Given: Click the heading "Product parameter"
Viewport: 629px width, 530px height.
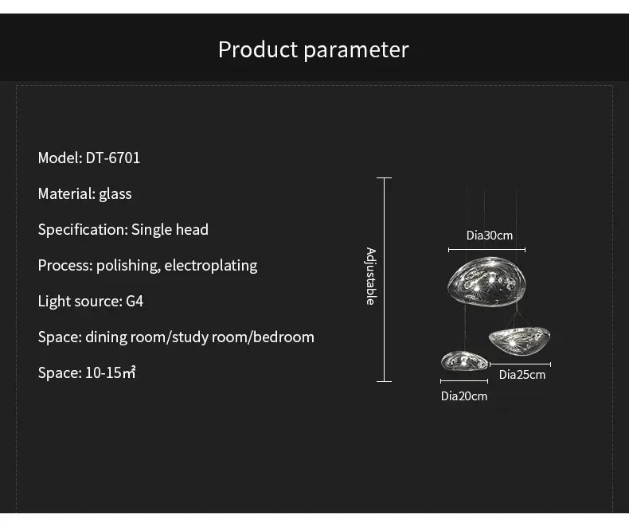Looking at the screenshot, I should pyautogui.click(x=313, y=49).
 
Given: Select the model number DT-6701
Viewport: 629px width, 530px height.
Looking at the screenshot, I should pyautogui.click(x=113, y=158).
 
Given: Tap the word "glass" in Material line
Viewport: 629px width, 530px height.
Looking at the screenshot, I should pyautogui.click(x=115, y=193).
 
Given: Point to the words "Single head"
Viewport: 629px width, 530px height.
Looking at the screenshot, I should pyautogui.click(x=170, y=229).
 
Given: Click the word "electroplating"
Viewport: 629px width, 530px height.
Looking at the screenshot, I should pyautogui.click(x=210, y=265).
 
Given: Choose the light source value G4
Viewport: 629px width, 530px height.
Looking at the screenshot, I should pyautogui.click(x=135, y=301).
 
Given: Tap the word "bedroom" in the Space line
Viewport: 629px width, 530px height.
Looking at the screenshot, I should pyautogui.click(x=283, y=337).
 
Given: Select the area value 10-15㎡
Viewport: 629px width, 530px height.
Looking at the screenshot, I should pyautogui.click(x=111, y=372).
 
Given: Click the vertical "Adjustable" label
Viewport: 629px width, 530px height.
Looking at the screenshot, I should pyautogui.click(x=370, y=276).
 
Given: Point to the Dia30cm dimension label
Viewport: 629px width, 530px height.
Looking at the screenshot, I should pyautogui.click(x=490, y=236).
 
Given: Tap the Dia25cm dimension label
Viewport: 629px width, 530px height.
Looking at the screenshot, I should pyautogui.click(x=522, y=374).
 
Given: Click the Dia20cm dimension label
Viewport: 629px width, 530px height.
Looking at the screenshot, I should pyautogui.click(x=464, y=396).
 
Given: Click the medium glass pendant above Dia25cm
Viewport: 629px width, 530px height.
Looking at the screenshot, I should pyautogui.click(x=519, y=340).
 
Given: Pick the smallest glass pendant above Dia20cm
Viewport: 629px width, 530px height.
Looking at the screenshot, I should pyautogui.click(x=464, y=361).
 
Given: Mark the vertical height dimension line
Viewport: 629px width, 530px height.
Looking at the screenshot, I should pyautogui.click(x=385, y=279).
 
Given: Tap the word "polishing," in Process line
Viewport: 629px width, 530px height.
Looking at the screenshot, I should pyautogui.click(x=128, y=265).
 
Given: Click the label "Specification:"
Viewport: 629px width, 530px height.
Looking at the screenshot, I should pyautogui.click(x=83, y=229).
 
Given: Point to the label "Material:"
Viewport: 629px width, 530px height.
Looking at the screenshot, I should pyautogui.click(x=66, y=193).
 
